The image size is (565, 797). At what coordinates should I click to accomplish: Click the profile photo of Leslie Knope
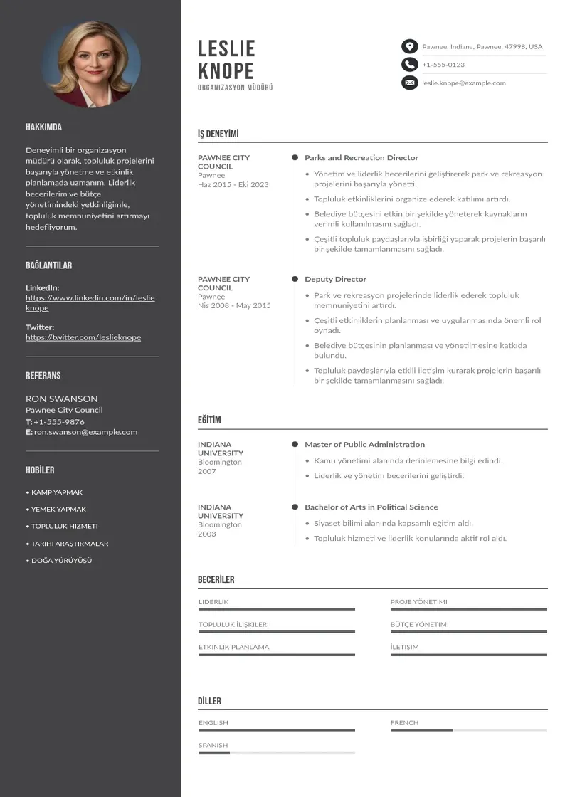click(x=91, y=63)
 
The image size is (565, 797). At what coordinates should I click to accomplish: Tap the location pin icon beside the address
click(x=409, y=46)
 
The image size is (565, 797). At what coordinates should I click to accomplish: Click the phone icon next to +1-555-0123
click(x=409, y=65)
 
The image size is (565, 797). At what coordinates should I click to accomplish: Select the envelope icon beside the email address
click(x=409, y=83)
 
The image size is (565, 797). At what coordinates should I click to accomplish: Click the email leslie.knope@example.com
click(x=464, y=83)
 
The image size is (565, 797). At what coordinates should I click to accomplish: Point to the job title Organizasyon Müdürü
click(x=235, y=88)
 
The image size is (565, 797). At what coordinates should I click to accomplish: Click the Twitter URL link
click(x=83, y=337)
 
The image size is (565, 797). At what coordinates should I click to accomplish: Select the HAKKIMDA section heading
click(x=43, y=127)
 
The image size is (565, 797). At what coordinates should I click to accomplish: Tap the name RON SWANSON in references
click(x=62, y=398)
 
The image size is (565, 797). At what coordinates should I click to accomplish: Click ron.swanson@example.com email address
click(x=85, y=432)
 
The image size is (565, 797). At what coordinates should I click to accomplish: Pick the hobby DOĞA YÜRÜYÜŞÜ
click(x=61, y=561)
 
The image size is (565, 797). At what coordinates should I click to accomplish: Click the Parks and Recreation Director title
click(x=361, y=158)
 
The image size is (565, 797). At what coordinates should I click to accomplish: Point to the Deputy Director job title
click(x=335, y=280)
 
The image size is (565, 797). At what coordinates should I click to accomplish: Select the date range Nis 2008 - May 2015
click(x=234, y=305)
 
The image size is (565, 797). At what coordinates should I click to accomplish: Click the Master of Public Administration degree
click(x=364, y=445)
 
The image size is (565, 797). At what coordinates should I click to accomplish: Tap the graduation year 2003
click(x=206, y=534)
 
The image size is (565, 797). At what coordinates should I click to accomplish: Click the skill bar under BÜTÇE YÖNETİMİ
click(x=468, y=632)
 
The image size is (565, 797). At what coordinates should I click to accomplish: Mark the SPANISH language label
click(x=213, y=746)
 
